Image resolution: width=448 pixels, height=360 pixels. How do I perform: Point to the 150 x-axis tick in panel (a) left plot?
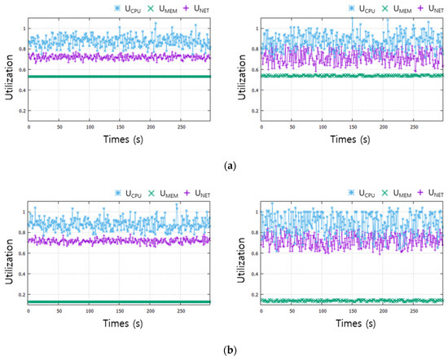120,128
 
